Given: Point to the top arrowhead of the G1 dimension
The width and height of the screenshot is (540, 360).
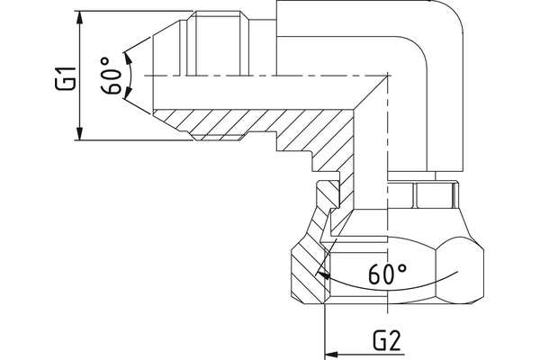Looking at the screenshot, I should pyautogui.click(x=81, y=16).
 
